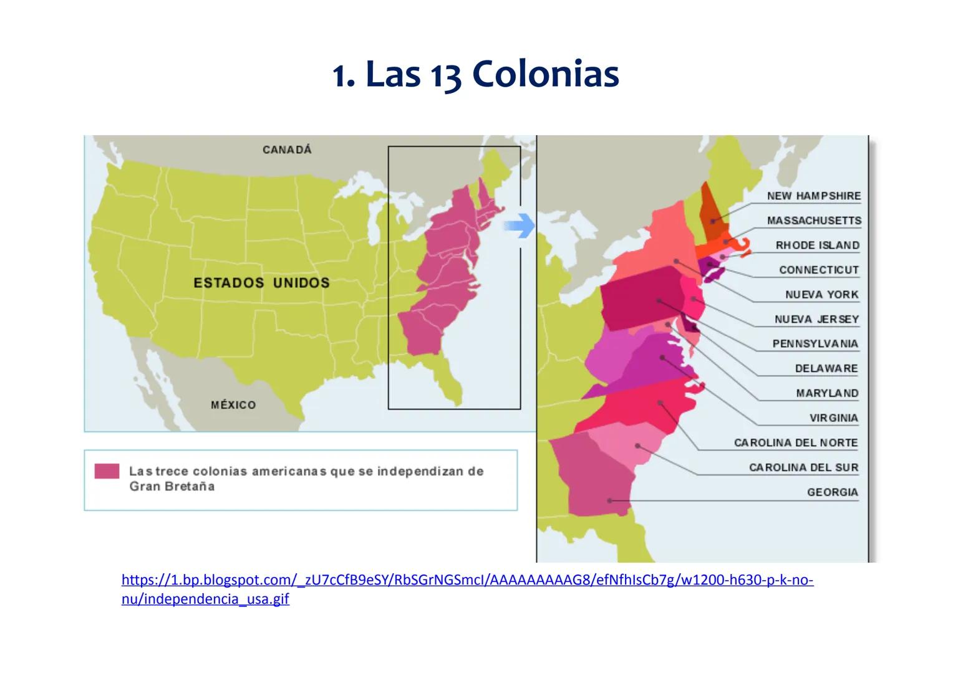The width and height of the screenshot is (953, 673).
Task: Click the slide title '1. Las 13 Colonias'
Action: pos(475,75)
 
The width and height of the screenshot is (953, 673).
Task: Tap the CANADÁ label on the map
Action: pos(287,150)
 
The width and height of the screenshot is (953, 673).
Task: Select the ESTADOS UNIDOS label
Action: pos(261,283)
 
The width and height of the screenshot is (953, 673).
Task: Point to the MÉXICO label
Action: pos(233,405)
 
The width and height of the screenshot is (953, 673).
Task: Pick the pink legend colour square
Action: pos(107,471)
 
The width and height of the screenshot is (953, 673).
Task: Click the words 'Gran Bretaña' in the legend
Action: pos(172,487)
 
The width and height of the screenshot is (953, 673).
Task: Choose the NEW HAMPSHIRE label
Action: pos(813,196)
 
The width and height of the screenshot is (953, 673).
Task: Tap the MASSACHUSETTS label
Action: pos(813,221)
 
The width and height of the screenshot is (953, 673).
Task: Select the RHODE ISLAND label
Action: pos(817,246)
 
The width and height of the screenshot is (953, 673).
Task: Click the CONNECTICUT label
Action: pos(818,270)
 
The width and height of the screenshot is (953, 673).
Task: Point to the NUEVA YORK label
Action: pos(821,295)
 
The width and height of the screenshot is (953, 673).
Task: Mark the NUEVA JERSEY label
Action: pos(816,319)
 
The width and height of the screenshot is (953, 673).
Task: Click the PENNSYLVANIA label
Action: pos(815,344)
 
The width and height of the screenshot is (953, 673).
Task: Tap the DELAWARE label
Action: pos(826,369)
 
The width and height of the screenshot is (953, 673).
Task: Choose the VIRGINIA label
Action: pos(833,418)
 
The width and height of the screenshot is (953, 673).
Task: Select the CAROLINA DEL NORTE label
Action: pos(796,443)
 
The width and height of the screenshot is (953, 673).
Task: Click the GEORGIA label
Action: pos(832,492)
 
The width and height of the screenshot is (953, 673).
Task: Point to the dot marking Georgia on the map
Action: pos(610,500)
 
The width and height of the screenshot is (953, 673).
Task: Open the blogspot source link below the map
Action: pos(467,581)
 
